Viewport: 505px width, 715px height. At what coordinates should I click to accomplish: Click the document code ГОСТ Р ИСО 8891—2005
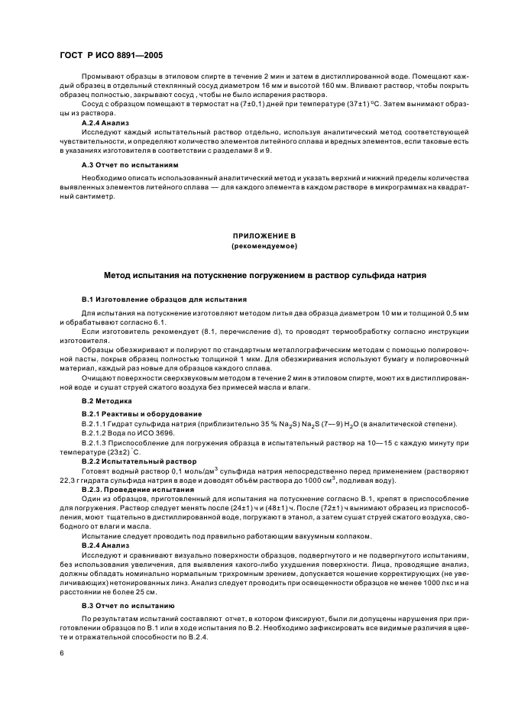coord(111,56)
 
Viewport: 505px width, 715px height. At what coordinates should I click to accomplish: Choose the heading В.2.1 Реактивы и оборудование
coord(131,413)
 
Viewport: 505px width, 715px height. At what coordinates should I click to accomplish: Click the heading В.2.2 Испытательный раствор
coord(128,461)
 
